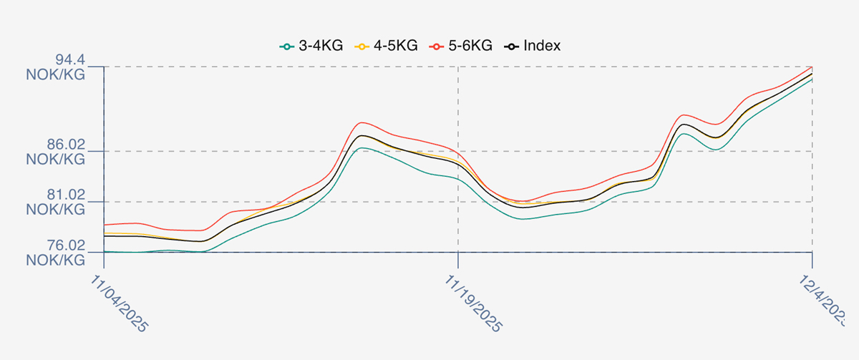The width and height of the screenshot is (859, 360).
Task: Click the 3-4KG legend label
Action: (x=321, y=46)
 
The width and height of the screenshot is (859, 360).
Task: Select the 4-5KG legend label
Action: (x=396, y=46)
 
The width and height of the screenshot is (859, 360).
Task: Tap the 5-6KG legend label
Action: (x=470, y=46)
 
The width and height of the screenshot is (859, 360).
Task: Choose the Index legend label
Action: (x=542, y=46)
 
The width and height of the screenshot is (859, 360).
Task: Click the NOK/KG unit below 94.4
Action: (x=55, y=74)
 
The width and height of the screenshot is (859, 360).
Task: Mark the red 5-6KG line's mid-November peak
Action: (x=362, y=122)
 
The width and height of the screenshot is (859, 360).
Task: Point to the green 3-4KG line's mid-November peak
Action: (x=363, y=147)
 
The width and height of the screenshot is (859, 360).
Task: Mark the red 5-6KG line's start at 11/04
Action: (x=105, y=225)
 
